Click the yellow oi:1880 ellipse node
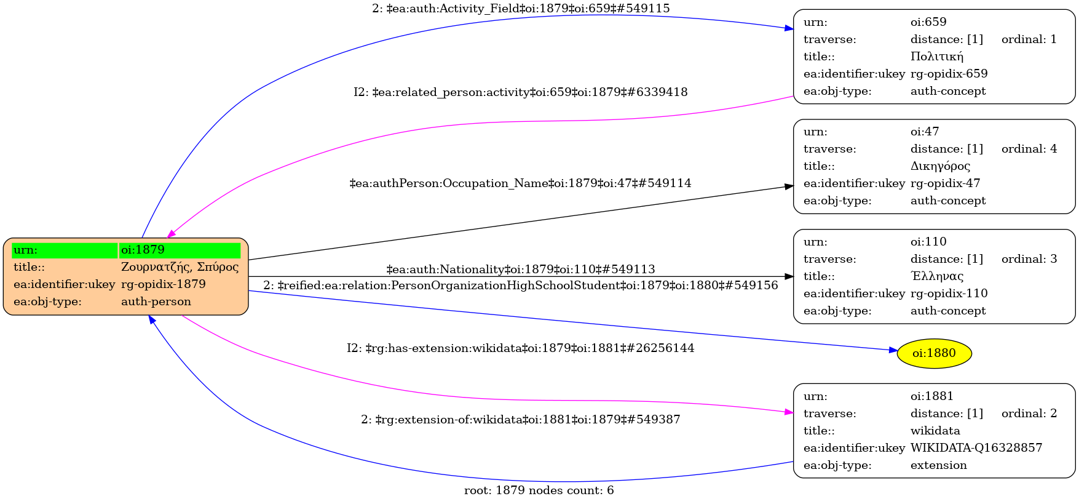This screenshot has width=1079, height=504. point(934,353)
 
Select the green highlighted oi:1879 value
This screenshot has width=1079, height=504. point(180,250)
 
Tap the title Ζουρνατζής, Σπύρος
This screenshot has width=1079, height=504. point(180,267)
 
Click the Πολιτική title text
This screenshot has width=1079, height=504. point(937,57)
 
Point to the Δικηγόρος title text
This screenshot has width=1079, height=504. point(940,166)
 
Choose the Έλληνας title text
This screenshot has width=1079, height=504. point(937,276)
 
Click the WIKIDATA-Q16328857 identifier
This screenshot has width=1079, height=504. point(976,448)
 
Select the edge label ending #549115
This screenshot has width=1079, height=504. point(521,9)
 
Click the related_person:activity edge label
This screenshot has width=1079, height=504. point(520,92)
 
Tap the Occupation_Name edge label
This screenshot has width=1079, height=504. point(520,183)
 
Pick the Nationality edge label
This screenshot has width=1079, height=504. point(520,270)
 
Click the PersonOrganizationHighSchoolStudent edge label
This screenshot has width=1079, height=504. point(520,286)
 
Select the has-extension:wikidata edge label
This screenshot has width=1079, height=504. point(520,348)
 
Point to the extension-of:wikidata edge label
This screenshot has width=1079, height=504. point(520,420)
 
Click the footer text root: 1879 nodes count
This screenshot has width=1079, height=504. point(539,490)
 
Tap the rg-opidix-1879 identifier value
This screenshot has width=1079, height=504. point(164,284)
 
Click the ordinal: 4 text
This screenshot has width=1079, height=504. point(1029,149)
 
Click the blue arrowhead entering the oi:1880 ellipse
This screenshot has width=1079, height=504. point(893,350)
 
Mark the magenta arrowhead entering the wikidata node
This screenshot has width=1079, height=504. point(789,412)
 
